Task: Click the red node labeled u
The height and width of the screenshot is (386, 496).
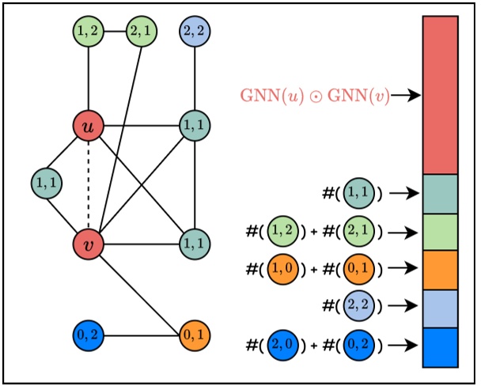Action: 88,126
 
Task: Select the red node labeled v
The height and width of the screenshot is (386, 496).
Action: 88,244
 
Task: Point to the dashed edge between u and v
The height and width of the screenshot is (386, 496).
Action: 88,184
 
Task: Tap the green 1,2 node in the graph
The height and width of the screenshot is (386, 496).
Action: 88,32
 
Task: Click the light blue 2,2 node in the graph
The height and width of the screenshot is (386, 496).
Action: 195,32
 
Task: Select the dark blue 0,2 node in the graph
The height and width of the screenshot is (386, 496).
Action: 88,335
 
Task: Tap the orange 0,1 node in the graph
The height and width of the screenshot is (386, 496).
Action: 195,335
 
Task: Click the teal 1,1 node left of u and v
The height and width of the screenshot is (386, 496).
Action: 47,184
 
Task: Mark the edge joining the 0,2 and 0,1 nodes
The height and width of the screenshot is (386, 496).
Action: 141,335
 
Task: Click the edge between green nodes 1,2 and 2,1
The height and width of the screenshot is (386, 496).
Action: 115,32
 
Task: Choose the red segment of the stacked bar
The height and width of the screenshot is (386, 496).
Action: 440,95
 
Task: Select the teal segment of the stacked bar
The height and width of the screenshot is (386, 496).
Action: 440,194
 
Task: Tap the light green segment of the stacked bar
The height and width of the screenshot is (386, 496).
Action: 440,232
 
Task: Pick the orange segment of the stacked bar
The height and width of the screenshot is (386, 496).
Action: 440,270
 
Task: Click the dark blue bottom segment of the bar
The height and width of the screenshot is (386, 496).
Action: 440,347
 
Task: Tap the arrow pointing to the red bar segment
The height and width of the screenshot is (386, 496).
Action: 405,96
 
